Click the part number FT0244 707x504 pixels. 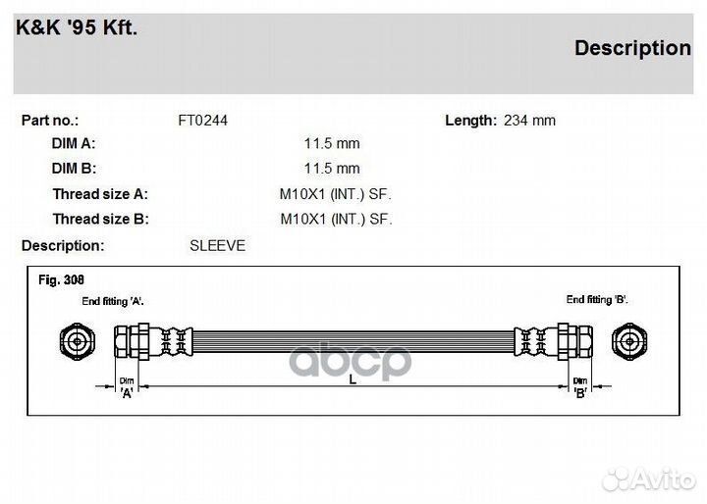click(203, 121)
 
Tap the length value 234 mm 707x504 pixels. click(530, 121)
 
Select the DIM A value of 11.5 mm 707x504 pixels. click(332, 144)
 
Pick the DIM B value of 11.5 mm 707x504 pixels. click(332, 169)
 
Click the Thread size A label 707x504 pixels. click(100, 194)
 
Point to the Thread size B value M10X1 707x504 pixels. click(303, 219)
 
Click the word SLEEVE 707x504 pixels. click(217, 245)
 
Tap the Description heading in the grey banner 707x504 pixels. click(632, 48)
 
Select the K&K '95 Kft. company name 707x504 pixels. click(77, 27)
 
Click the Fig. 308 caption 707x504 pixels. click(61, 279)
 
